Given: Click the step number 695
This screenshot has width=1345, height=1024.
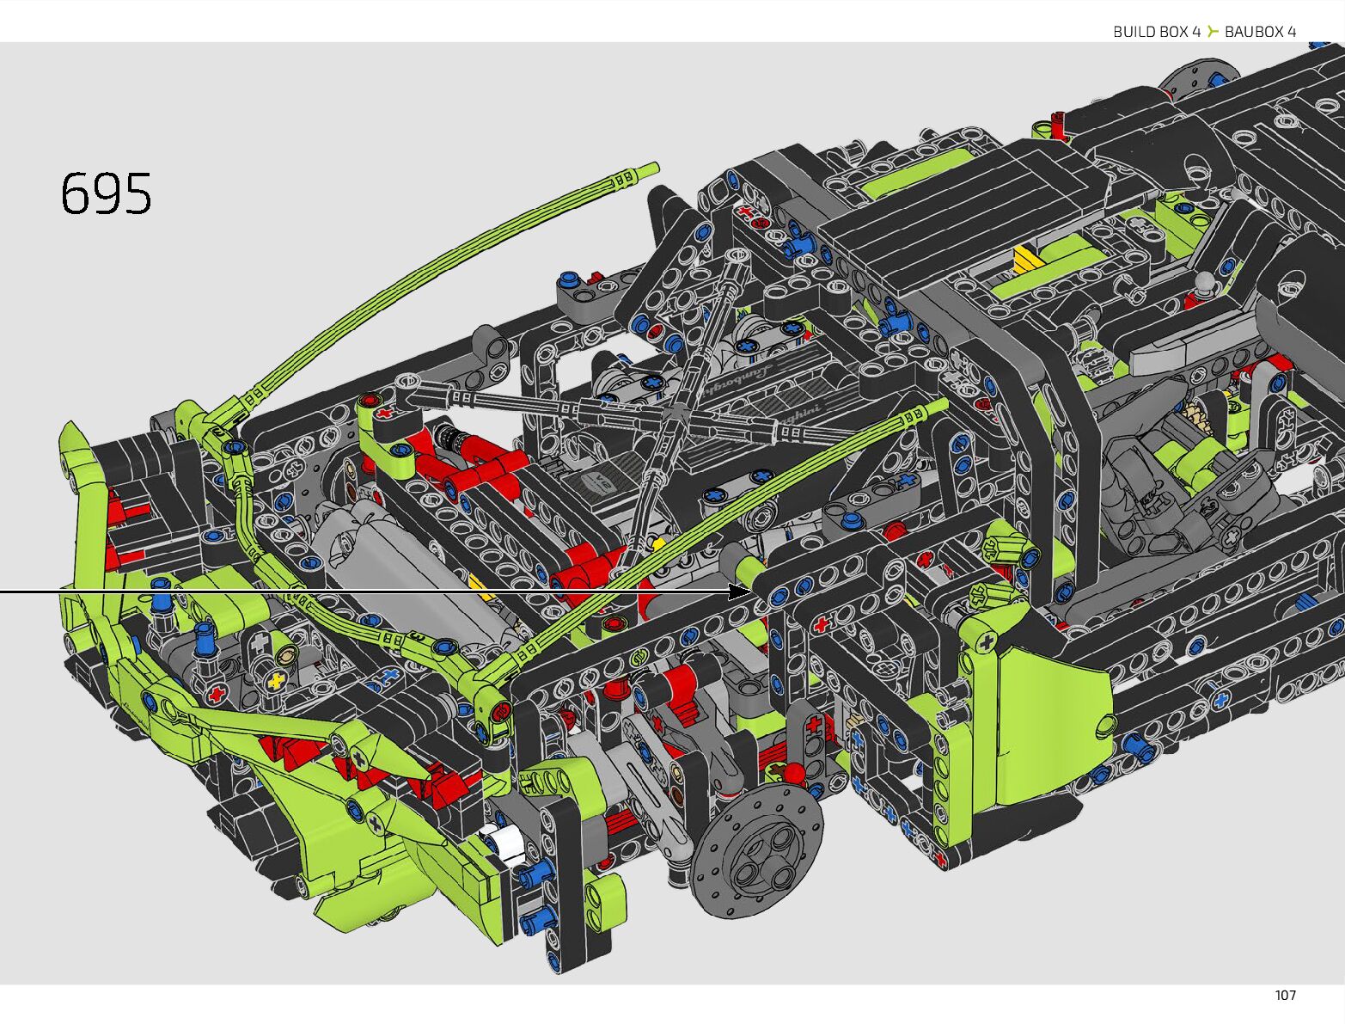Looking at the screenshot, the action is tap(106, 193).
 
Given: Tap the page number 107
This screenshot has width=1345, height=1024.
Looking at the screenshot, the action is tap(1285, 996).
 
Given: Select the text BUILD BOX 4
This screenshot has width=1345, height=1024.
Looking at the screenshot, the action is tap(1156, 32).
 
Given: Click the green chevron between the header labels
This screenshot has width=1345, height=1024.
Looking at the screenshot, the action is tap(1213, 31).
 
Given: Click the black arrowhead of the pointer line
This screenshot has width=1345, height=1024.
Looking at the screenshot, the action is tap(740, 592).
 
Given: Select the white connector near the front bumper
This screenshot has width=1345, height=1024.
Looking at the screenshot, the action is tap(500, 841).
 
